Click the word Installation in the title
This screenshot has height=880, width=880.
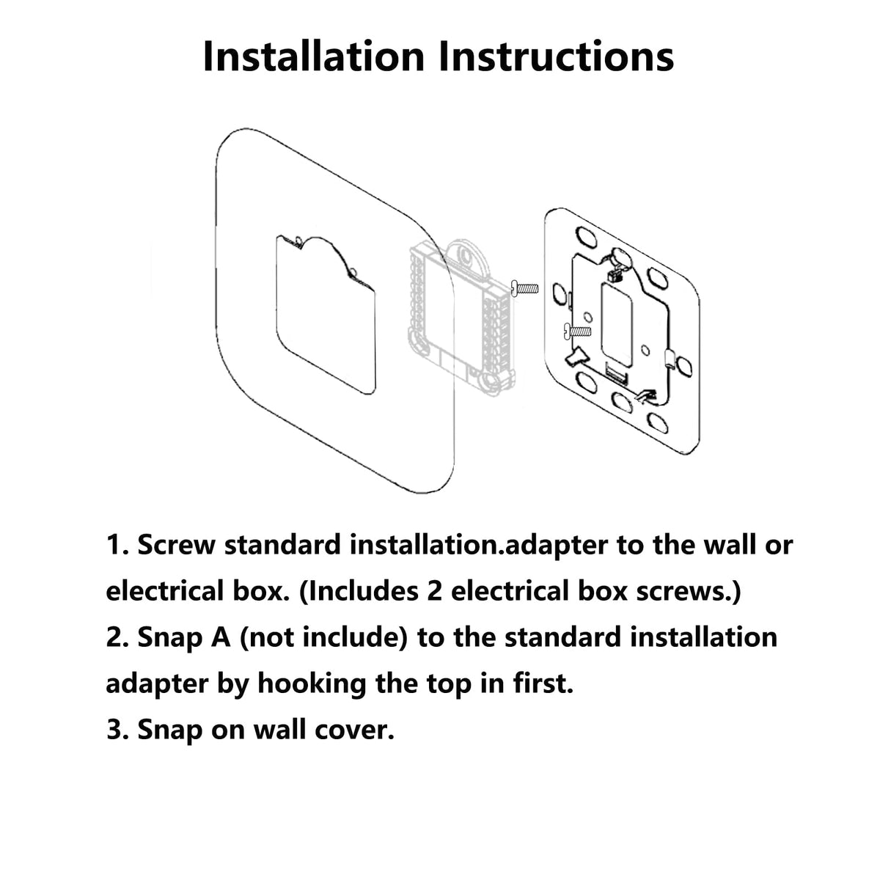coord(314,56)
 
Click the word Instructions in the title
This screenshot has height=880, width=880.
coord(556,56)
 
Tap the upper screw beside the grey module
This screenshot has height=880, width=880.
coord(525,288)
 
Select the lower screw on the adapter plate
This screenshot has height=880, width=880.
coord(578,331)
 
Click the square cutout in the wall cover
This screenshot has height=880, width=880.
coord(326,315)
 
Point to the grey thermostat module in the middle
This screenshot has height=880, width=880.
coord(461,318)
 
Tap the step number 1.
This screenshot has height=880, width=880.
coord(117,545)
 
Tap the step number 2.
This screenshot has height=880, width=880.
coord(117,637)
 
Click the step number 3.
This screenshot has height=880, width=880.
coord(117,730)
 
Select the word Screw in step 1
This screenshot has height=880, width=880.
coord(176,545)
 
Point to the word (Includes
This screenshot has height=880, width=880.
coord(359,591)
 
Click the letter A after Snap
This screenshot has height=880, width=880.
coord(221,637)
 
